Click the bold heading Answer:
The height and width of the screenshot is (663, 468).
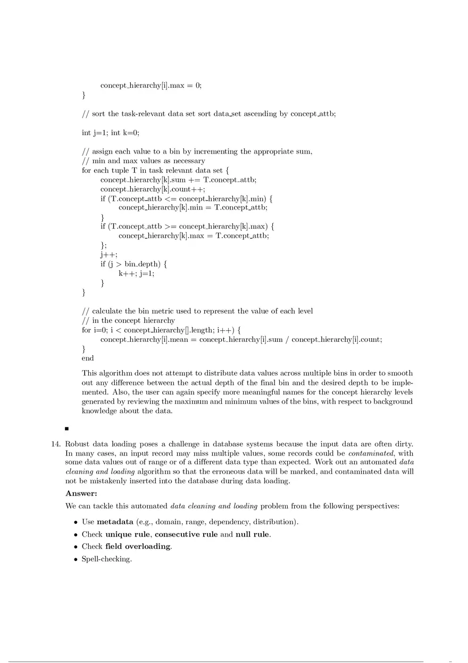pyautogui.click(x=81, y=494)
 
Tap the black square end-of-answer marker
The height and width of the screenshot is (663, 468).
pyautogui.click(x=67, y=428)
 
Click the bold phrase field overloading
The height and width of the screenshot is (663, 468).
pyautogui.click(x=138, y=546)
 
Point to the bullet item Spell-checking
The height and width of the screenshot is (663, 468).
pyautogui.click(x=106, y=559)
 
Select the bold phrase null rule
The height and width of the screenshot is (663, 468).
pyautogui.click(x=253, y=534)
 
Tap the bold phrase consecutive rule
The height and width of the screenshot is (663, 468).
pyautogui.click(x=186, y=534)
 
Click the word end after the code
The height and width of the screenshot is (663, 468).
pyautogui.click(x=88, y=358)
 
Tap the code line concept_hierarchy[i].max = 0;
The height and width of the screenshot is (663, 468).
pyautogui.click(x=151, y=86)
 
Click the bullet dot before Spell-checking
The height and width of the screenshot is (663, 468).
pyautogui.click(x=76, y=559)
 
